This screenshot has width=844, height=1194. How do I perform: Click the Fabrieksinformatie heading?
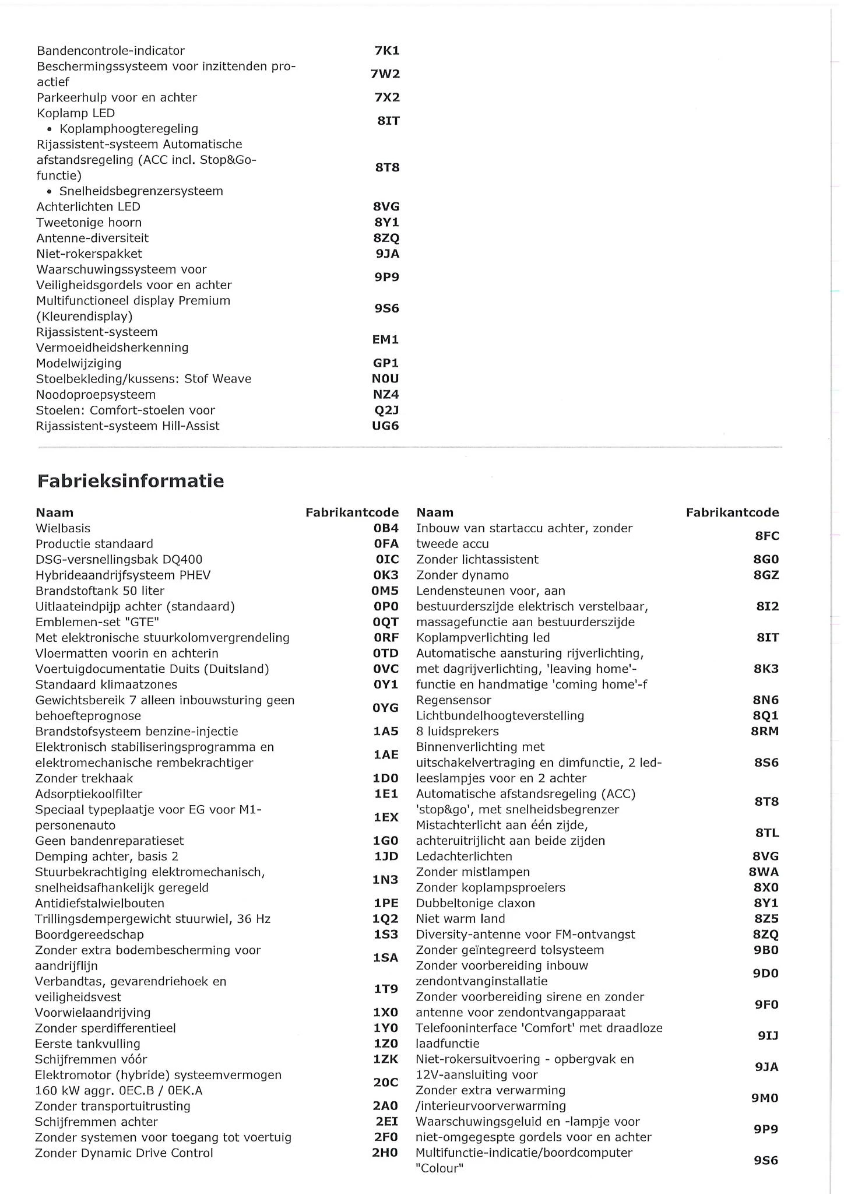click(x=131, y=481)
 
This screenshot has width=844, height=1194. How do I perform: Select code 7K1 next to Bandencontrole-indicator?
click(x=387, y=51)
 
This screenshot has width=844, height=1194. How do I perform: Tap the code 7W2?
click(x=385, y=74)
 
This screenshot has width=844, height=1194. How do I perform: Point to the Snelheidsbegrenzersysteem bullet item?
click(x=140, y=191)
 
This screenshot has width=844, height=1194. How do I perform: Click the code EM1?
click(x=385, y=339)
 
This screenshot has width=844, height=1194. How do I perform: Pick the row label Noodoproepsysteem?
click(x=96, y=395)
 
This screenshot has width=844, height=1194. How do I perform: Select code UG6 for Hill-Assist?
click(x=385, y=426)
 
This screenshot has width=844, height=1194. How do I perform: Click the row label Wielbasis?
click(x=63, y=528)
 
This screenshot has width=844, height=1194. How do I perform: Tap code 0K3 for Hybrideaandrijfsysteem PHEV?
click(x=386, y=575)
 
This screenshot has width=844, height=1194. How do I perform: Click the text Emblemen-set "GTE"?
click(x=97, y=622)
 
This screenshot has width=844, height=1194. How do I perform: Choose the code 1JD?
click(x=386, y=856)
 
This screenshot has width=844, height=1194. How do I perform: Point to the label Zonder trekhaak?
click(x=84, y=778)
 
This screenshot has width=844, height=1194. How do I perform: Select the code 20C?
click(x=386, y=1083)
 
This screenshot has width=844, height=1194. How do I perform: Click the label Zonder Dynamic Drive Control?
click(x=124, y=1153)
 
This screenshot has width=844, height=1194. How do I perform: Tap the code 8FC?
click(x=767, y=536)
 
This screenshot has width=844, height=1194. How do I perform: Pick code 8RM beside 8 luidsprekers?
click(x=765, y=731)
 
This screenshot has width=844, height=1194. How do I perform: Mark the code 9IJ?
click(x=768, y=1036)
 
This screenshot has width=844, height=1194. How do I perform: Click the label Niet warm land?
click(x=460, y=919)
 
